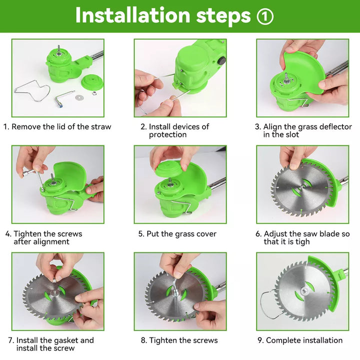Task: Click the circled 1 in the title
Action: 265,16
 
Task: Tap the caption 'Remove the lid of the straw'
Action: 61,126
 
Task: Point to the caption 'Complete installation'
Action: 304,340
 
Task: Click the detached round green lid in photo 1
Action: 91,81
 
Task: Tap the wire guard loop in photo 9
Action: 269,302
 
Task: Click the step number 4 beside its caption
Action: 8,233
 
